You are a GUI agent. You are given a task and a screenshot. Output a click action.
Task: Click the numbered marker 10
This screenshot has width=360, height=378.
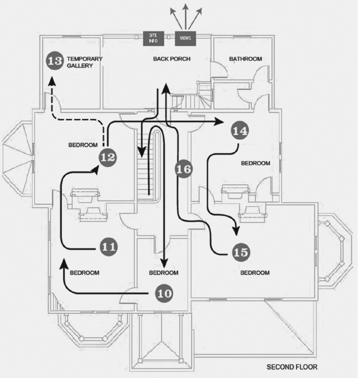(x=164, y=293)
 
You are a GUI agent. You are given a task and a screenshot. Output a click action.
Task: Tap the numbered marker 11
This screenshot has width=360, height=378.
(x=109, y=247)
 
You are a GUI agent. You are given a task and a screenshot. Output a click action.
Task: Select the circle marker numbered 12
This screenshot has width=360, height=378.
(x=108, y=156)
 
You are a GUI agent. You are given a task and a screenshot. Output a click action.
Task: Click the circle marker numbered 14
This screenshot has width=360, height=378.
(x=240, y=131)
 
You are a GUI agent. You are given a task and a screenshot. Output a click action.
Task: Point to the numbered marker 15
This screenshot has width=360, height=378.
(x=241, y=251)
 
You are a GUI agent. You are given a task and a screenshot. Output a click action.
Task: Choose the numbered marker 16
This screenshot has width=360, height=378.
(x=183, y=169)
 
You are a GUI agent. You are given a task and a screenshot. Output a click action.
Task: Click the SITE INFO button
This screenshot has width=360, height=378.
(x=153, y=38)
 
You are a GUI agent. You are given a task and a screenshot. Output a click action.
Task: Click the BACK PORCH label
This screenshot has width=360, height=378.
(x=171, y=59)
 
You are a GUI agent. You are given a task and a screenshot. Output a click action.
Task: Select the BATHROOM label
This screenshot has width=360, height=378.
(x=246, y=59)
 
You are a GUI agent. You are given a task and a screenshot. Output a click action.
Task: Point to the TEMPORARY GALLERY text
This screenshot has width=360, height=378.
(x=84, y=62)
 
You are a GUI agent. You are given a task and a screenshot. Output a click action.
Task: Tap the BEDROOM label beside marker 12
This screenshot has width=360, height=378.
(x=82, y=145)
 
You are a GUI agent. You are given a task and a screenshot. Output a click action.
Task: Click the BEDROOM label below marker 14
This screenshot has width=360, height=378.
(x=255, y=163)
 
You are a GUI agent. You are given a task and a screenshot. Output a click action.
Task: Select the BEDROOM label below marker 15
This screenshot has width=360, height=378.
(x=255, y=273)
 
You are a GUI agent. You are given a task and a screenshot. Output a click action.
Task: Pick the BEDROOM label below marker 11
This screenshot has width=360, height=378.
(x=85, y=273)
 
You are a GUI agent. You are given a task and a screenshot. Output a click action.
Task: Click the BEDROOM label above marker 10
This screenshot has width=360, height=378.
(x=164, y=273)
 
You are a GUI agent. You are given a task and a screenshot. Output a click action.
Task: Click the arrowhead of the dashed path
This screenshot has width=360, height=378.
(x=50, y=82)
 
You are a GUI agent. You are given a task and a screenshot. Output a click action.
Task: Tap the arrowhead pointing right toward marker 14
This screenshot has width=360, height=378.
(x=219, y=122)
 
